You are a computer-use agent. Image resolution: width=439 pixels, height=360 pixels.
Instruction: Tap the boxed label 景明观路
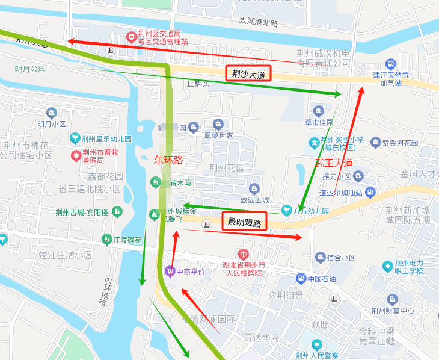click(245, 222)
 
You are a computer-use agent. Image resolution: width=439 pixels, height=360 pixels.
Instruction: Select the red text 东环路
click(168, 160)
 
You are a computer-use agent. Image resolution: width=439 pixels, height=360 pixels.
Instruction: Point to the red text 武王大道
click(334, 163)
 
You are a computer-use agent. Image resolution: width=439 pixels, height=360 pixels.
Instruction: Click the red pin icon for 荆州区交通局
click(130, 37)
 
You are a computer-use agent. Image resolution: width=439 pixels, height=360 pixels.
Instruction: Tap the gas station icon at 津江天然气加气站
click(390, 64)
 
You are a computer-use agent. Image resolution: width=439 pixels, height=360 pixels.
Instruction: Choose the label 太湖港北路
click(259, 22)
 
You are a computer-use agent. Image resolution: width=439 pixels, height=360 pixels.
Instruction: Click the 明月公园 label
click(31, 69)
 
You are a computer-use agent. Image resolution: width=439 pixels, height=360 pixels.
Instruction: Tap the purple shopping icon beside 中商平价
click(169, 271)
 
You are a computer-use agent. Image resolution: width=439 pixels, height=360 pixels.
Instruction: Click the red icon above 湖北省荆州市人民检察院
click(243, 254)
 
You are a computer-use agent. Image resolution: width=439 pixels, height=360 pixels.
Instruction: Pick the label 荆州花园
click(227, 167)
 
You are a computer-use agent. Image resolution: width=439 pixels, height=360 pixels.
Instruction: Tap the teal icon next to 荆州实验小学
click(314, 143)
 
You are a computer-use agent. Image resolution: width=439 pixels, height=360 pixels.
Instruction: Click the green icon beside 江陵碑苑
click(106, 240)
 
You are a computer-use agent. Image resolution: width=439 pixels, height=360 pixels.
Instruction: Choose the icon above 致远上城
click(254, 188)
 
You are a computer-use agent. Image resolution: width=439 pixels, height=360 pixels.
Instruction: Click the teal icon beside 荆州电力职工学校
click(387, 266)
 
